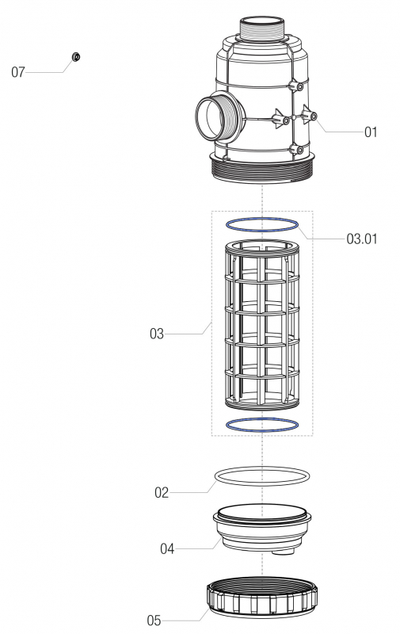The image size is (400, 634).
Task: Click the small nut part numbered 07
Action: coord(76,57)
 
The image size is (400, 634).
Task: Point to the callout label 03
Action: coord(156,334)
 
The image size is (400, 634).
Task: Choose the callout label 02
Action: coord(162,492)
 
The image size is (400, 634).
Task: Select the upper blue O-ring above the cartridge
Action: coord(262,225)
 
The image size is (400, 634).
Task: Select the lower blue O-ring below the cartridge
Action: coord(262,424)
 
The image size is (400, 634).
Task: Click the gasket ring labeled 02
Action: coord(262,475)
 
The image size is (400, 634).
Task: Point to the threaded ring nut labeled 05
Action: coord(262,603)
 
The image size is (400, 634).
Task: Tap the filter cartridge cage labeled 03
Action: coord(262,325)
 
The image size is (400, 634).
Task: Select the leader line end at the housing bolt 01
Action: coord(314,116)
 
